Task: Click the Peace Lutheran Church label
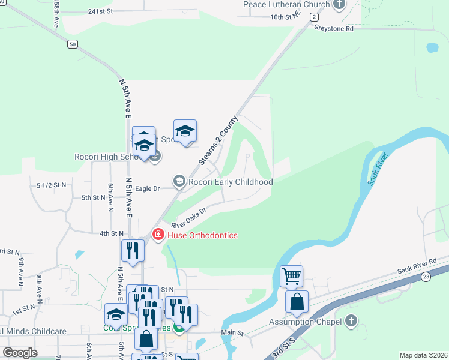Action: coord(286,4)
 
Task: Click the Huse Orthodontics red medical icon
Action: coord(158,235)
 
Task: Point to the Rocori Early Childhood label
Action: coord(231,182)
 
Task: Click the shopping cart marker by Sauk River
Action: coord(291,277)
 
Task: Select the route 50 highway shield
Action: coord(73,44)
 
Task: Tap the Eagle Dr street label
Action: coord(148,188)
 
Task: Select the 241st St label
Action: coord(100,11)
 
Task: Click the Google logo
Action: coord(20,353)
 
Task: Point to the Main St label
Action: coord(232,332)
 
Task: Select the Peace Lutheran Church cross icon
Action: coord(339,4)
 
